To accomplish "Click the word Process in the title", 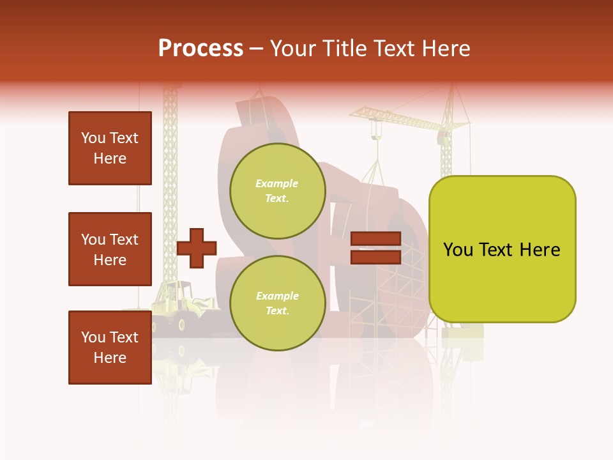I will [201, 48].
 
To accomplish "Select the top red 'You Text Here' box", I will [110, 148].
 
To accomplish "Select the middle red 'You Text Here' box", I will [110, 249].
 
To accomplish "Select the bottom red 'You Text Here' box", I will [110, 347].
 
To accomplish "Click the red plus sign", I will [197, 248].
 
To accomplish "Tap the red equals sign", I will [375, 248].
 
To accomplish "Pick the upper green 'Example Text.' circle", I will [277, 190].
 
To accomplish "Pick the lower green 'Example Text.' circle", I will [277, 303].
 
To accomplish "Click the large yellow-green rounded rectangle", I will [502, 249].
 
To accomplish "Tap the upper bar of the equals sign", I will [375, 239].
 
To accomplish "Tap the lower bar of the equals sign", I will [375, 257].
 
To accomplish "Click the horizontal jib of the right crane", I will [402, 118].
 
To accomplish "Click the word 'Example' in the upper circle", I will [277, 183].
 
